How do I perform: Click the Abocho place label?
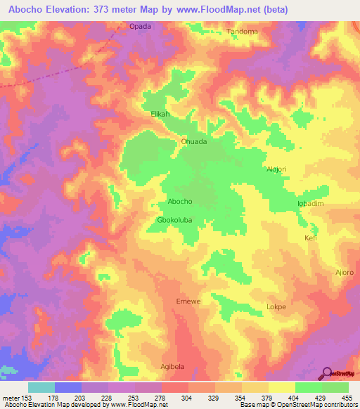point(180,202)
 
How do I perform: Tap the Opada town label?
point(140,27)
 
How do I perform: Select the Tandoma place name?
point(242,32)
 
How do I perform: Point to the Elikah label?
point(161,113)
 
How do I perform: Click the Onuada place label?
point(194,141)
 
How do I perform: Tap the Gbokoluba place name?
point(174,220)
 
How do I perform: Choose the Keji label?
point(311,238)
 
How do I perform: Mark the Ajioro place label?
point(345,272)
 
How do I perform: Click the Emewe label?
point(188,301)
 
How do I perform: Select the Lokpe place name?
point(276,307)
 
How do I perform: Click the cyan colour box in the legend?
point(41,387)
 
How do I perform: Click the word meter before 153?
point(11,398)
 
